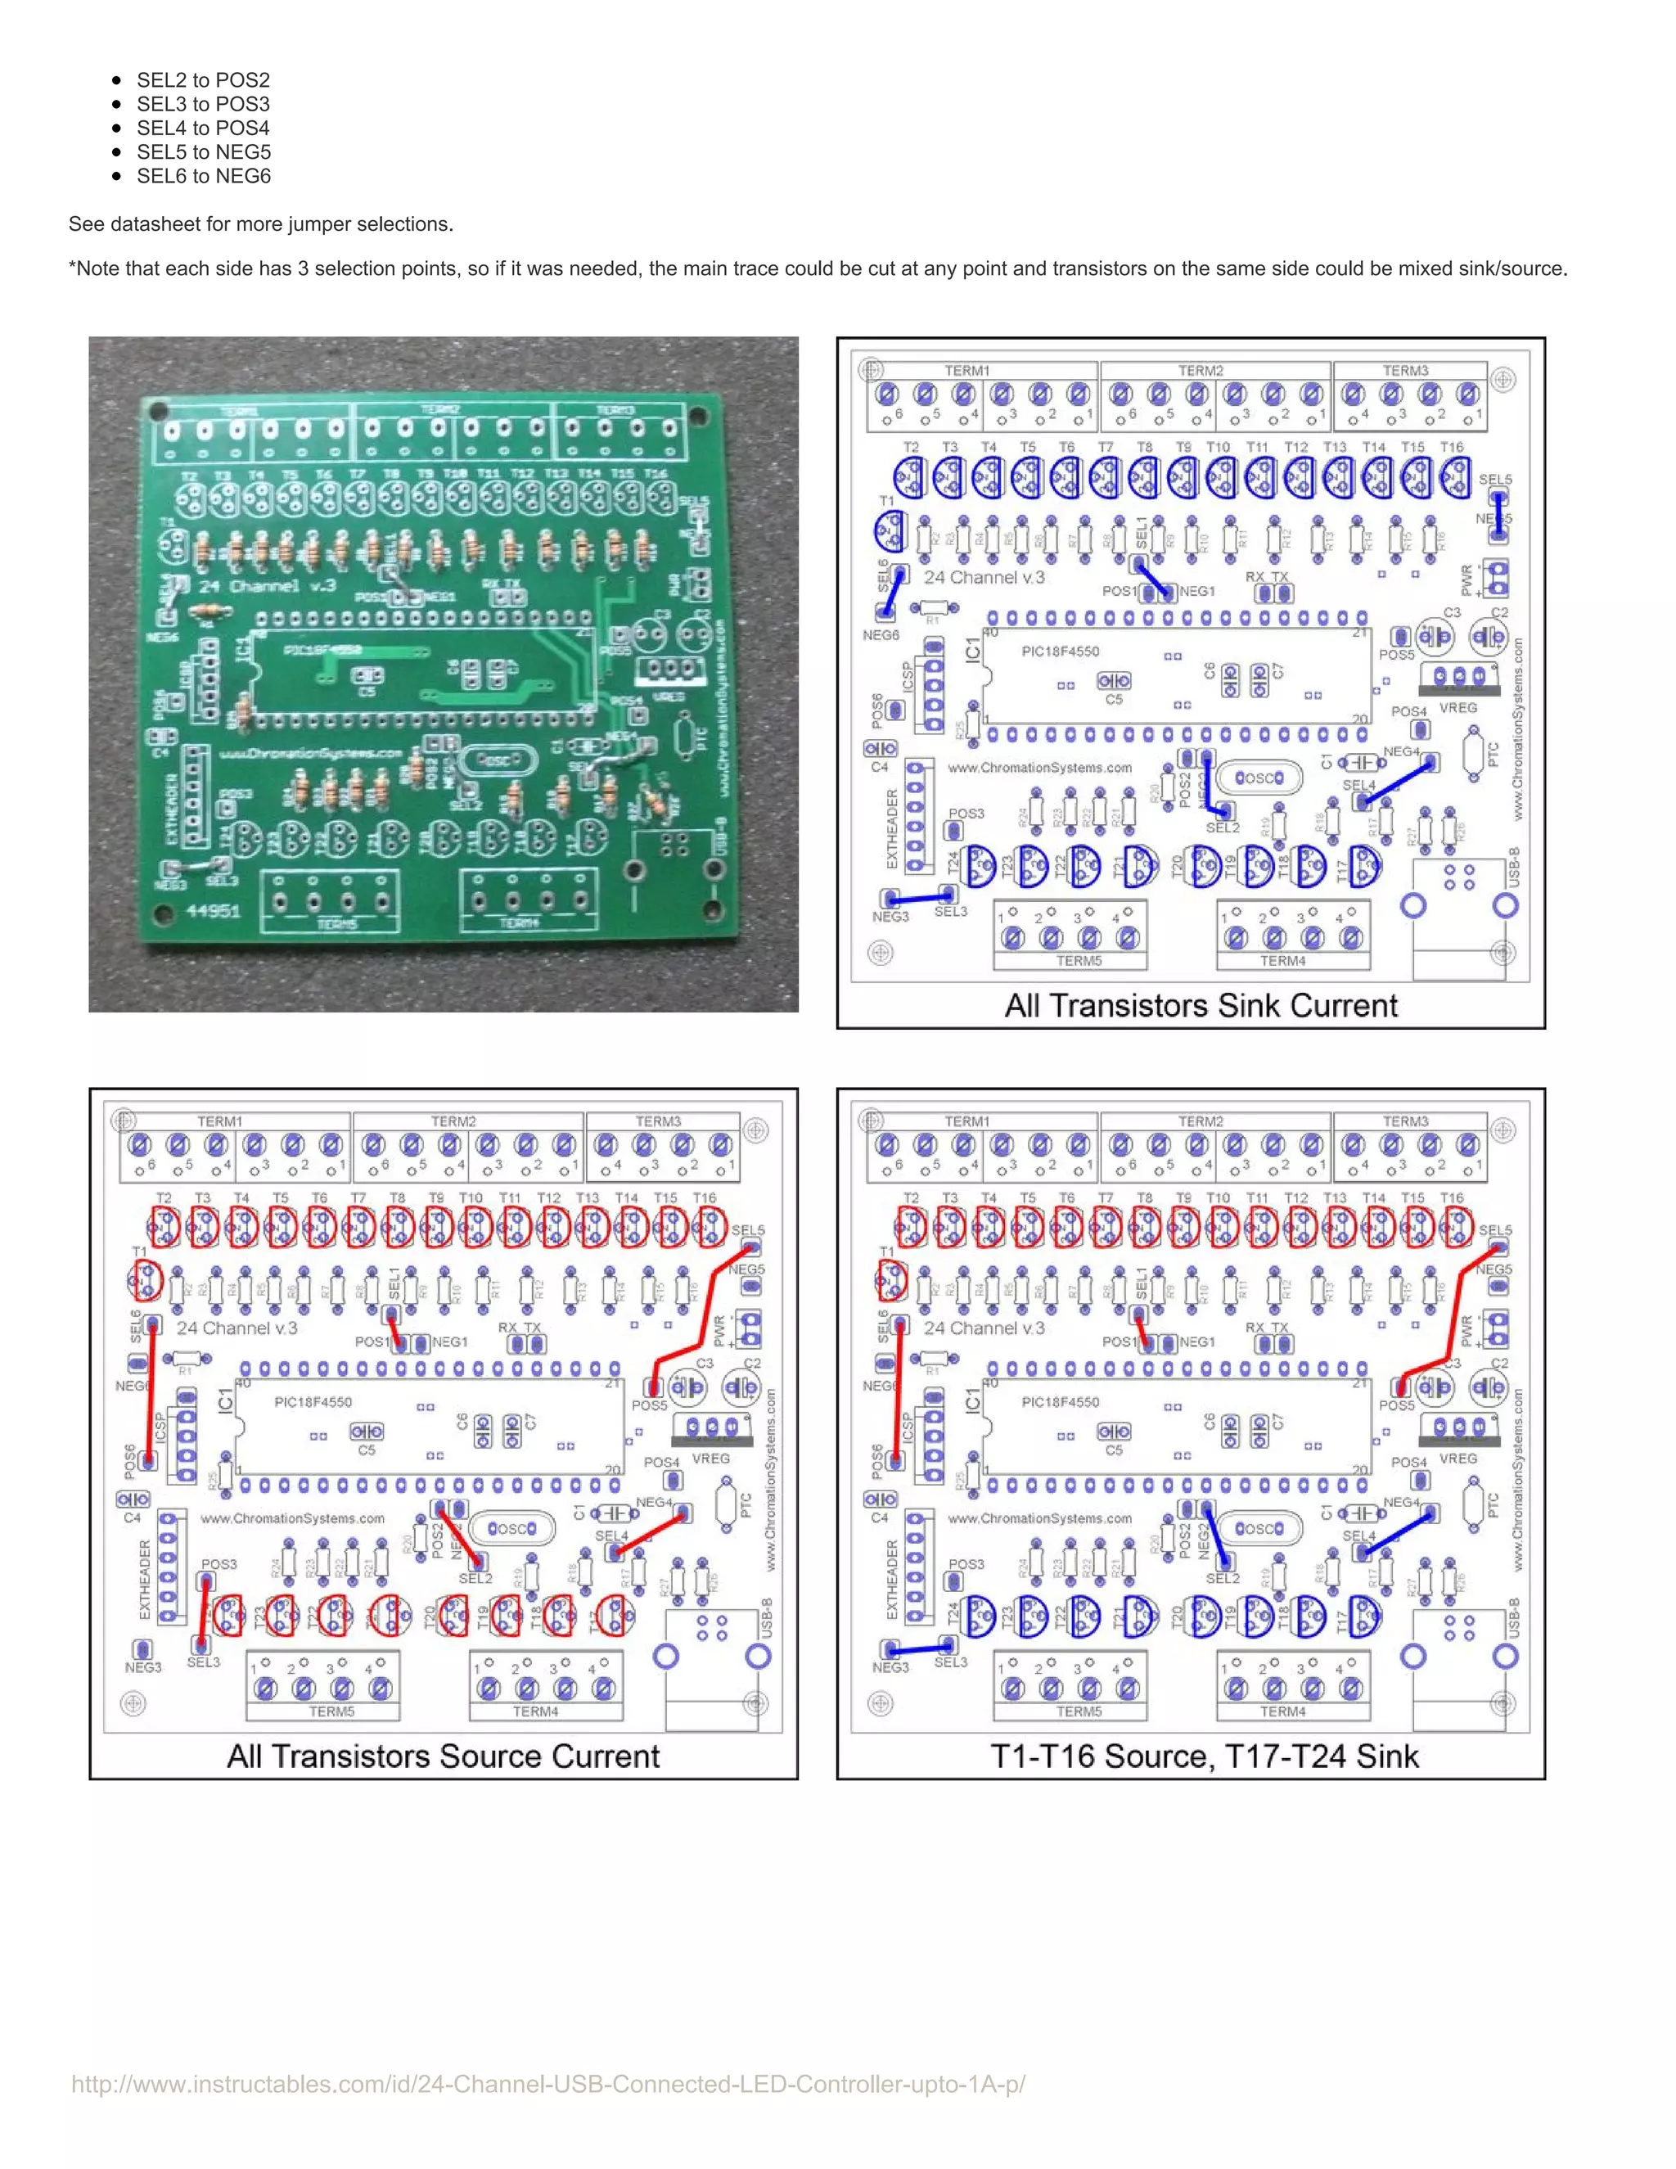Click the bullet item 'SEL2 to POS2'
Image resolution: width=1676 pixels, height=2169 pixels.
click(x=203, y=80)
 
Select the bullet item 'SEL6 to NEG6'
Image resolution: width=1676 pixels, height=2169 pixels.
click(x=203, y=176)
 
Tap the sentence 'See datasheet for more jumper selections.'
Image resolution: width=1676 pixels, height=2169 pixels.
click(x=260, y=224)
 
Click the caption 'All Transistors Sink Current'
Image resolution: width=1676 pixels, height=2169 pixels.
click(x=1201, y=1006)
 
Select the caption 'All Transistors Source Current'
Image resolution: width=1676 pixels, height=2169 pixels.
click(x=443, y=1756)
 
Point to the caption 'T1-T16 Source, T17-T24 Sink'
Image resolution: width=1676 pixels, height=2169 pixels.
click(x=1203, y=1756)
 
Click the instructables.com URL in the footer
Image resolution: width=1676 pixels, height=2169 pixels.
click(x=548, y=2084)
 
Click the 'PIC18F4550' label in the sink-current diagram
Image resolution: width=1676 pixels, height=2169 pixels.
click(x=1060, y=652)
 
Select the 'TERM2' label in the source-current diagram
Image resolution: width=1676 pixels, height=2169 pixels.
click(x=453, y=1121)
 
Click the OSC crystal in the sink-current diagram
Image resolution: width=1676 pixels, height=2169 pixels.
click(x=1259, y=778)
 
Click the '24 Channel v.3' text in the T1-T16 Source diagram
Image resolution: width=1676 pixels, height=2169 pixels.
click(x=984, y=1328)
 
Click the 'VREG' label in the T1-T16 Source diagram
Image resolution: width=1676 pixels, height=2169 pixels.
click(x=1457, y=1459)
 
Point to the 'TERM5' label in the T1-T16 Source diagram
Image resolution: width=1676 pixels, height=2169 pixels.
click(x=1079, y=1711)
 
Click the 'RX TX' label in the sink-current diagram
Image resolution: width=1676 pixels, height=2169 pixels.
click(x=1266, y=577)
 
